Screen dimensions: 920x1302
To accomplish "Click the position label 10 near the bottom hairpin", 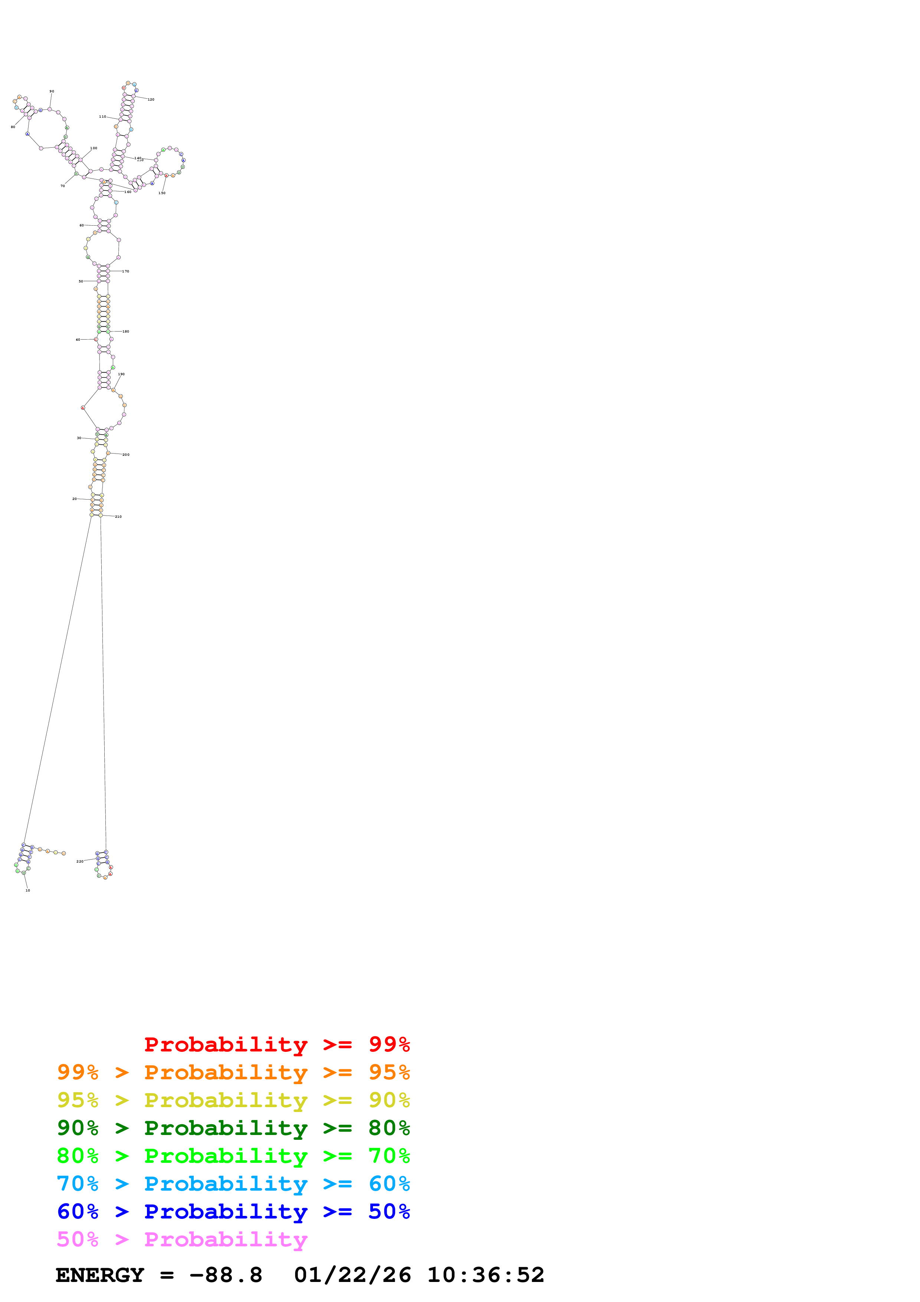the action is (x=28, y=890).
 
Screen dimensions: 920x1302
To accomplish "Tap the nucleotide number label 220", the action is (x=80, y=861).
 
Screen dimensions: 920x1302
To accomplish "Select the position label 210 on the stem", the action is (x=118, y=517).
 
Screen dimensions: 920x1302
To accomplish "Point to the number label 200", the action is (x=126, y=455).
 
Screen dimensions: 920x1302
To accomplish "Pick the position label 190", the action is (x=121, y=374).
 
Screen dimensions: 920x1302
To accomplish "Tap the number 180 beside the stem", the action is (x=126, y=331).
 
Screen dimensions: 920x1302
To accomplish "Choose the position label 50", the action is (x=81, y=281).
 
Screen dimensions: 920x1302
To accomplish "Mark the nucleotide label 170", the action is (x=126, y=272).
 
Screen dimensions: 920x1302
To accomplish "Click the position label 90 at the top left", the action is (x=52, y=91).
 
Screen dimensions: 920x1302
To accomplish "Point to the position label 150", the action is (x=162, y=193).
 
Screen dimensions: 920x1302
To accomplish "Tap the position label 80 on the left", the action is (x=13, y=127).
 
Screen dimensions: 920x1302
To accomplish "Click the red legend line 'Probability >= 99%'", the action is (x=276, y=1044).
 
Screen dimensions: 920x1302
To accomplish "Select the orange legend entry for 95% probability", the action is (x=233, y=1072).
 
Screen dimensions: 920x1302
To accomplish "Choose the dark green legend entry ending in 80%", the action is (x=233, y=1128).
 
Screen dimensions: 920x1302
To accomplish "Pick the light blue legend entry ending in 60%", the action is (x=233, y=1184).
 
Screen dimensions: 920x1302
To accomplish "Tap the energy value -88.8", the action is (x=226, y=1275).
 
